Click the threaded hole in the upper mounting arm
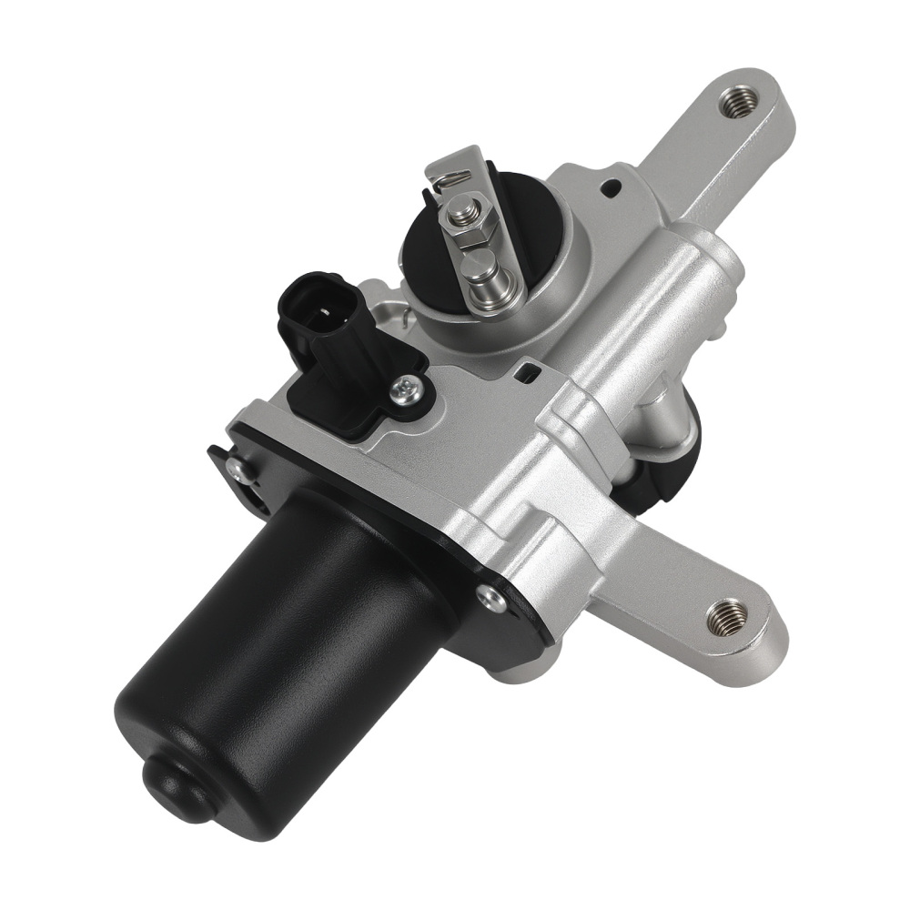[738, 101]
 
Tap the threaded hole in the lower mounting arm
[728, 617]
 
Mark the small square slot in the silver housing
[526, 372]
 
